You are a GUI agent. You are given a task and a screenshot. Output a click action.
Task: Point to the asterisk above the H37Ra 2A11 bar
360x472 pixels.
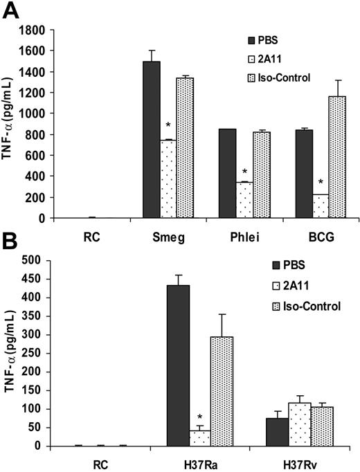tap(200, 417)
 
